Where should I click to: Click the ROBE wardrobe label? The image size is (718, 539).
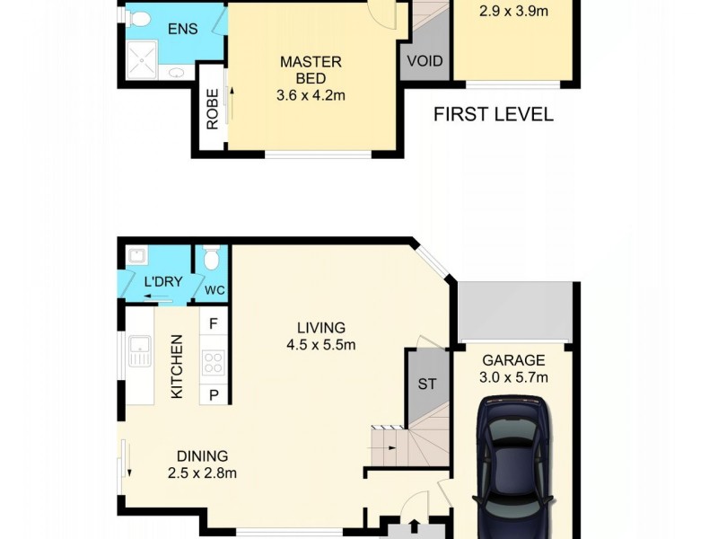[x=213, y=110]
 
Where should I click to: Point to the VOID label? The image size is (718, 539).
[x=425, y=61]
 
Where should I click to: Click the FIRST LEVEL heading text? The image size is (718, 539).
[x=493, y=114]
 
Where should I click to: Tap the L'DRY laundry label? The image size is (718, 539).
[x=163, y=281]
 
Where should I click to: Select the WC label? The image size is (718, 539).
[x=214, y=291]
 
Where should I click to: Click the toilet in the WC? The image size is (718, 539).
[x=212, y=260]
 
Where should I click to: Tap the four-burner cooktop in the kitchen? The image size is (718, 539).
[x=214, y=362]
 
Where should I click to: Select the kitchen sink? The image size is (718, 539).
[x=139, y=351]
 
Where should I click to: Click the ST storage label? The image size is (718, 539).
[x=427, y=384]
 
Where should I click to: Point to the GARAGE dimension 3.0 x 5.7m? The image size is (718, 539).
[x=515, y=377]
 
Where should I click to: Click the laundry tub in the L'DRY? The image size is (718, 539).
[x=136, y=258]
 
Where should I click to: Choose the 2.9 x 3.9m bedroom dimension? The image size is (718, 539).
[x=513, y=12]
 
